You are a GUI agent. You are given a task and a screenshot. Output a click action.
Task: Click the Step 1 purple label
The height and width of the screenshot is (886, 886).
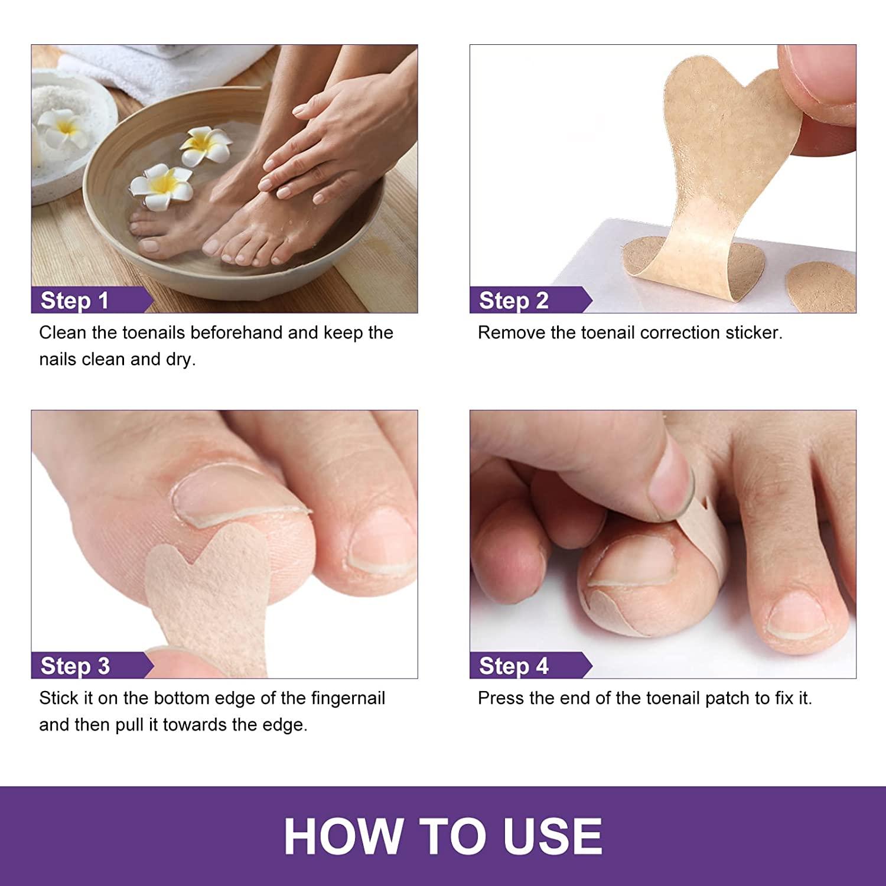pyautogui.click(x=75, y=300)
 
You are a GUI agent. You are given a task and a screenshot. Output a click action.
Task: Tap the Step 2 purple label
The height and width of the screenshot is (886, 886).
pyautogui.click(x=514, y=300)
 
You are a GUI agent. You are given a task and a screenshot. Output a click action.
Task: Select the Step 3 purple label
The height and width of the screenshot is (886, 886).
pyautogui.click(x=75, y=666)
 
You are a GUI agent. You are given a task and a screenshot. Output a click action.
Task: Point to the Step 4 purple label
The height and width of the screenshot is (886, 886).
pyautogui.click(x=514, y=666)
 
